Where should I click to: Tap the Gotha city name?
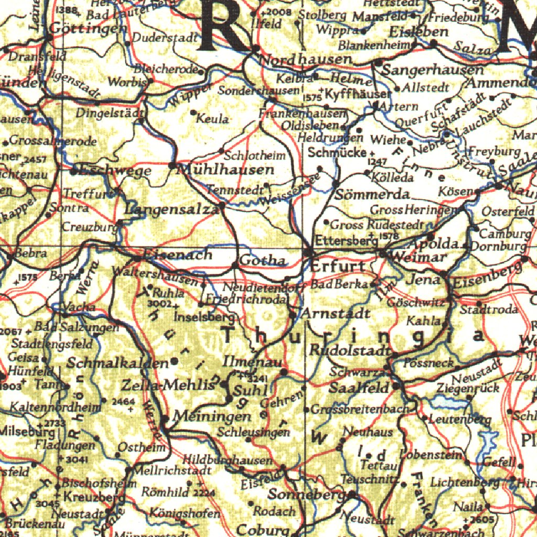(262, 261)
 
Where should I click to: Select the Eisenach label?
(178, 255)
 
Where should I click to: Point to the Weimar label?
(420, 257)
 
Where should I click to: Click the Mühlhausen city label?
(227, 170)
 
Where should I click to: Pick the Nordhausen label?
(306, 59)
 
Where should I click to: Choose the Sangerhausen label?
(425, 70)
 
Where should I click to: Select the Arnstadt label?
(337, 314)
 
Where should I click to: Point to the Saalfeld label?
(359, 388)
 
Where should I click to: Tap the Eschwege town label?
(113, 170)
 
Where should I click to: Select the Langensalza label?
(172, 210)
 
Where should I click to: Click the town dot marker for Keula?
(194, 112)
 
